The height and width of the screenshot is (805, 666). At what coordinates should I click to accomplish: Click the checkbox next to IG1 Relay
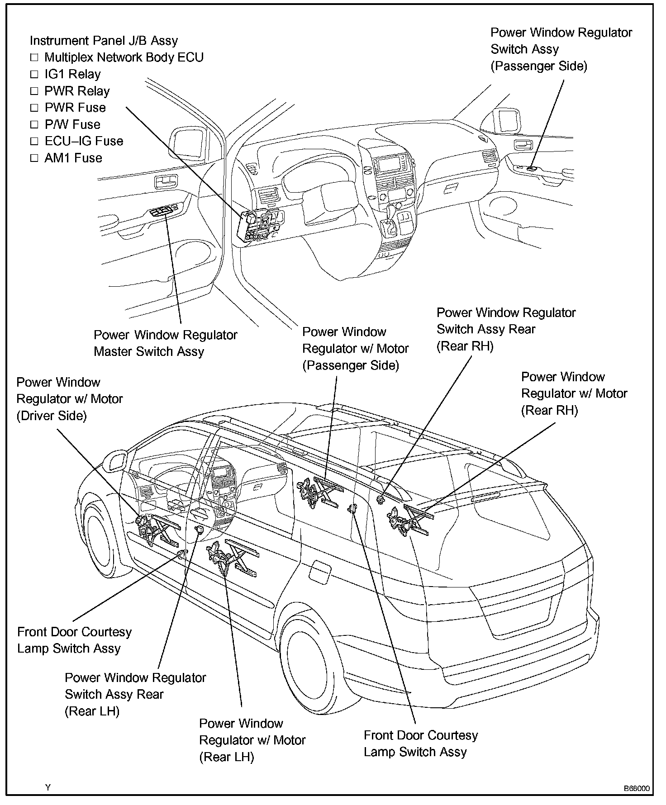click(x=34, y=75)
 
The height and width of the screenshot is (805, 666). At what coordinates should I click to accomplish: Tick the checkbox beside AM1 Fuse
click(x=34, y=158)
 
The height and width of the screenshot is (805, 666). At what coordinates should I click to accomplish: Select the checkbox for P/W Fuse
click(x=34, y=125)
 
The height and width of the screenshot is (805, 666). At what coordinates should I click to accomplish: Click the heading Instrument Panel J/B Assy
click(x=104, y=41)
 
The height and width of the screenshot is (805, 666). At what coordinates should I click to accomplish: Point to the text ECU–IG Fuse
click(x=84, y=141)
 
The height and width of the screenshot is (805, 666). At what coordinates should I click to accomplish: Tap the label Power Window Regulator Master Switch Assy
click(x=165, y=343)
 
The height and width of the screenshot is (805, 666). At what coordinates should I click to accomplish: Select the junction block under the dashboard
click(x=260, y=225)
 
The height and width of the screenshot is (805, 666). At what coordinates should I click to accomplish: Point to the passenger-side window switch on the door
click(x=532, y=168)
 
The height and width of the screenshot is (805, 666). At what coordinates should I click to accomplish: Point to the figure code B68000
click(x=636, y=789)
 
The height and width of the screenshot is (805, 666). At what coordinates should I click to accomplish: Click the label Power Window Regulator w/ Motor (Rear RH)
click(x=574, y=393)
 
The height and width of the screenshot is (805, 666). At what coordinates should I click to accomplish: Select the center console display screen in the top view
click(x=390, y=165)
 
